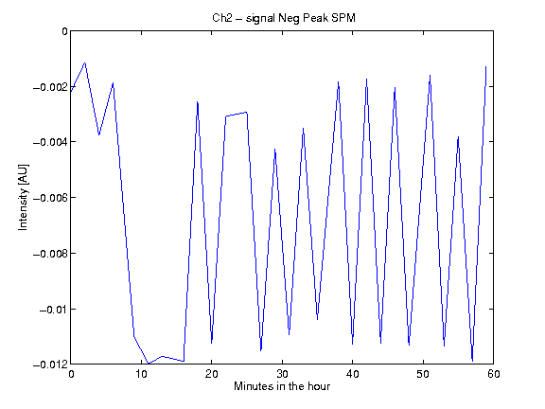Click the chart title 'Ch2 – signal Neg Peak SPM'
point(284,18)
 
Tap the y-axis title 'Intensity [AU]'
point(24,197)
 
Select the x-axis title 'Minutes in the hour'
point(282,386)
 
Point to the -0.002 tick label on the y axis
point(50,87)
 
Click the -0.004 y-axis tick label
point(50,142)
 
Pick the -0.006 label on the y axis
point(50,198)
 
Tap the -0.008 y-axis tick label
point(50,254)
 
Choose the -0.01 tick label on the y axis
point(54,310)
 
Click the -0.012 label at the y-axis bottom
point(50,365)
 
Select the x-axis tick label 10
point(142,374)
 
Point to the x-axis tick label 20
point(212,374)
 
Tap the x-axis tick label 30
point(282,374)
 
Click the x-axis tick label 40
point(352,374)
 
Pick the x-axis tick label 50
point(423,374)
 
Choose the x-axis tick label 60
point(494,374)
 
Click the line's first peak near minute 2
point(85,62)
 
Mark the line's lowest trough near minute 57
point(472,361)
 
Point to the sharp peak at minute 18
point(198,101)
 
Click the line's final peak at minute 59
point(486,66)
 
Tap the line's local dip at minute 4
point(99,135)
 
